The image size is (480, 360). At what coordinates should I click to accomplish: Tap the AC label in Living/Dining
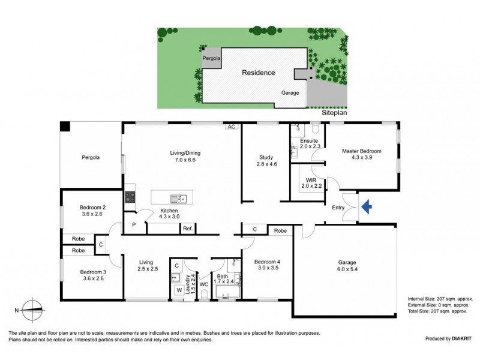click(x=231, y=127)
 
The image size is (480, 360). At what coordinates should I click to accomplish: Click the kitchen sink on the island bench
click(x=179, y=198)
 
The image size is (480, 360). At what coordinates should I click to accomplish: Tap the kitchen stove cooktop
click(x=129, y=197)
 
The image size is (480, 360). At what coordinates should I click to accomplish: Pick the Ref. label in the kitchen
click(x=187, y=228)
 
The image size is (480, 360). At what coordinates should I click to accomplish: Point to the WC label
click(x=203, y=284)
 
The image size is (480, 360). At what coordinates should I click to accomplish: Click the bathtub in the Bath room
click(x=227, y=293)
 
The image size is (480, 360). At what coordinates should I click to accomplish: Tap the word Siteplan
click(x=335, y=112)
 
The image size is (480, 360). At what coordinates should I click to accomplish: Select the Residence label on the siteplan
click(x=258, y=73)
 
